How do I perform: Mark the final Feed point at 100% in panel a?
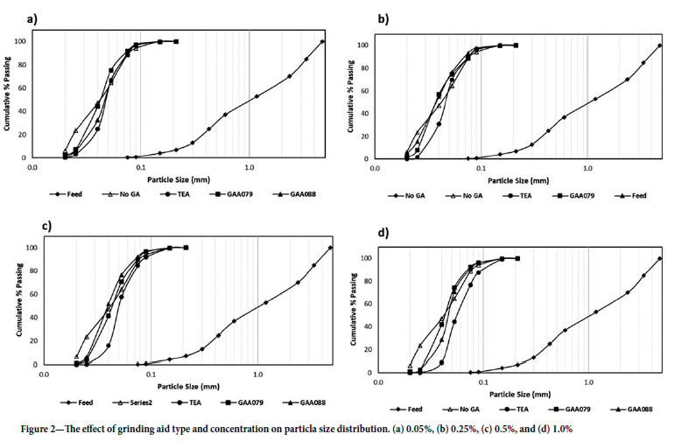pos(323,41)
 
